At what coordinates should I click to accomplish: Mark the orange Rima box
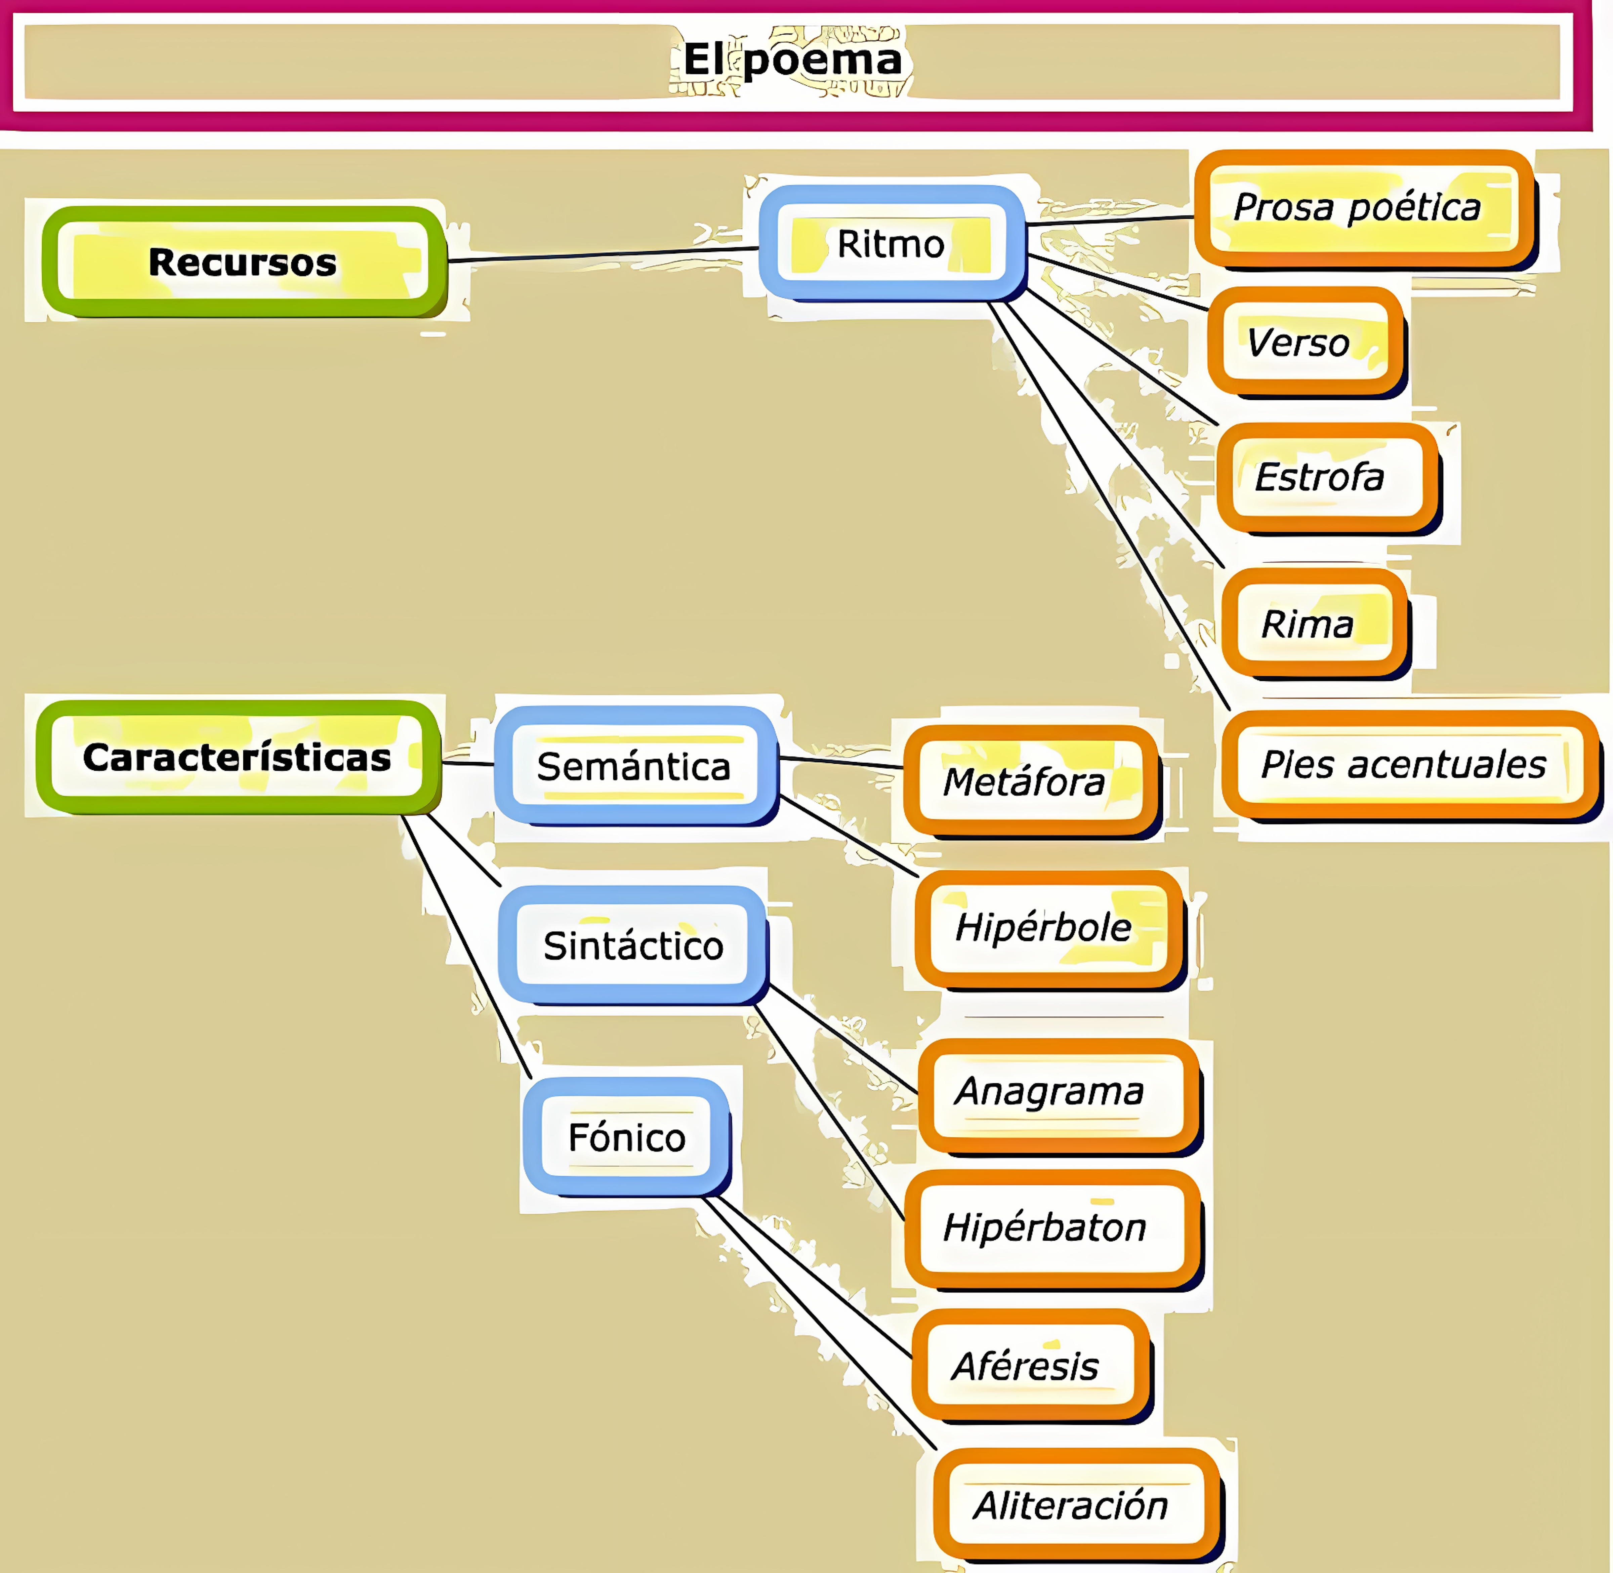[x=1313, y=624]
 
